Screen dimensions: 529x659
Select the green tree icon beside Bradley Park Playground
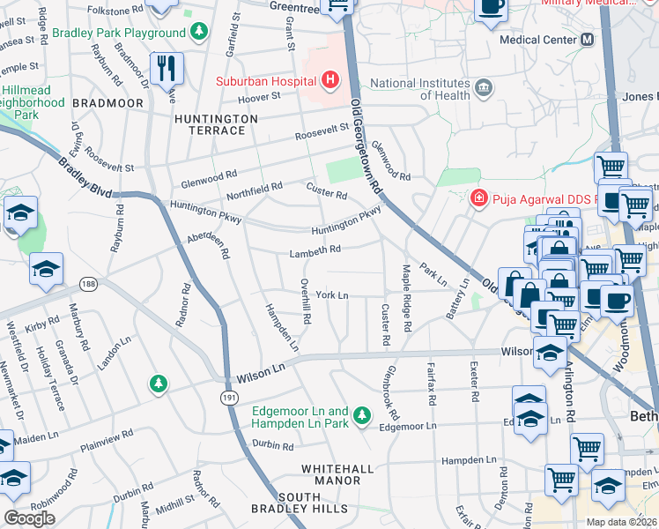pos(200,34)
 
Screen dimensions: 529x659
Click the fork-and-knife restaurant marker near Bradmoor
pos(166,67)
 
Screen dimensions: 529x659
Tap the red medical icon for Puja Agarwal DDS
pos(478,197)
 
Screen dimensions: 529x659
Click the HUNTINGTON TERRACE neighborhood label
pos(216,124)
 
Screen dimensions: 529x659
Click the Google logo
pos(29,518)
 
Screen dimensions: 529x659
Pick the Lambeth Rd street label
pos(315,251)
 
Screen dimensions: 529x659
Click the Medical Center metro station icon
pos(587,41)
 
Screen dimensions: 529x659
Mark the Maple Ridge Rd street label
pos(406,297)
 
